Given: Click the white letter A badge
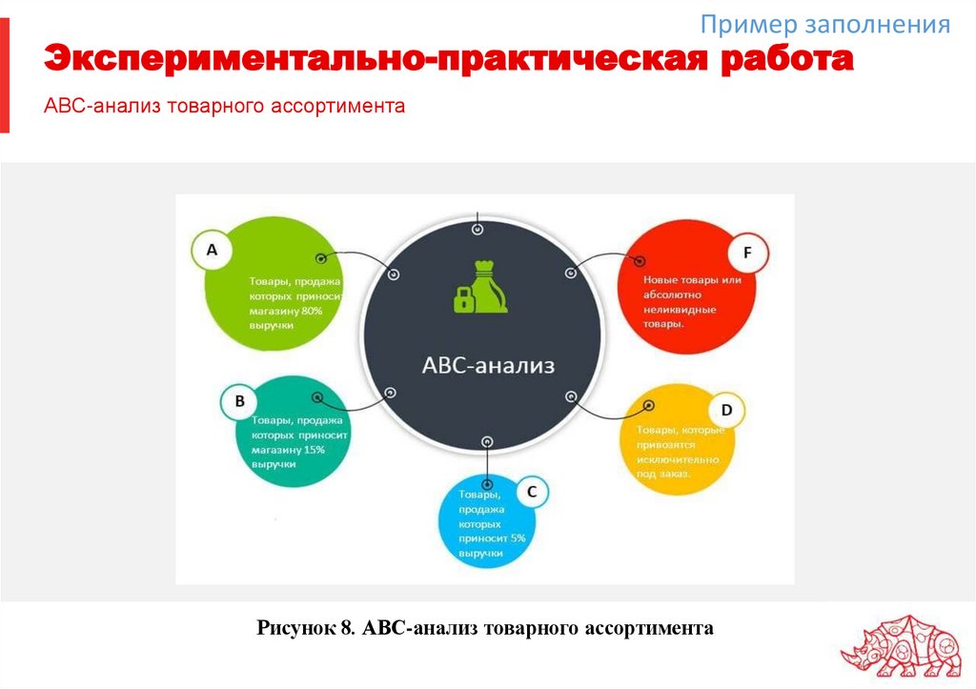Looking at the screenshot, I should (213, 251).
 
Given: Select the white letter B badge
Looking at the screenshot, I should (239, 402).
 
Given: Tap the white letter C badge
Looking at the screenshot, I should (532, 492).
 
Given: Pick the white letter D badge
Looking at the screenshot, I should (726, 411).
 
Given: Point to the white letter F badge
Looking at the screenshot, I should (747, 253).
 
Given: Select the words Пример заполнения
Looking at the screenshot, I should (824, 25).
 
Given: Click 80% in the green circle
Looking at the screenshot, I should (312, 311).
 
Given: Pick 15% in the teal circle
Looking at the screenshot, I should (314, 449).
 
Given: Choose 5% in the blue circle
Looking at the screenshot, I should (518, 537).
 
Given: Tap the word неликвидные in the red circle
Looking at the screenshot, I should (681, 310).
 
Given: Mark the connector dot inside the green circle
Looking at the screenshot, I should (321, 258).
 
